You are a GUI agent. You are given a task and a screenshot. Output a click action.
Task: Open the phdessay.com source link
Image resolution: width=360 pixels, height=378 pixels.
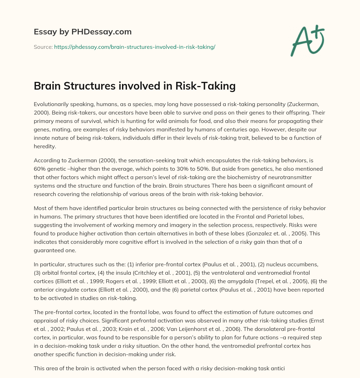[135, 47]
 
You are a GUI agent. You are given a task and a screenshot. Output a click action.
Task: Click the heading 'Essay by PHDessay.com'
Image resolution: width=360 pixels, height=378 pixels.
[83, 32]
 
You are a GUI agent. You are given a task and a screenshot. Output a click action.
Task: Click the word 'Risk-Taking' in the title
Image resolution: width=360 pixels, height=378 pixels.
[207, 86]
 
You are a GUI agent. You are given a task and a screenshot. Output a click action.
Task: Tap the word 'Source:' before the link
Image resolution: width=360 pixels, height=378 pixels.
[43, 47]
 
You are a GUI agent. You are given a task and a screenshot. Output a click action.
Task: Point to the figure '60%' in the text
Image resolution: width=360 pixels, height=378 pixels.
[40, 160]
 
